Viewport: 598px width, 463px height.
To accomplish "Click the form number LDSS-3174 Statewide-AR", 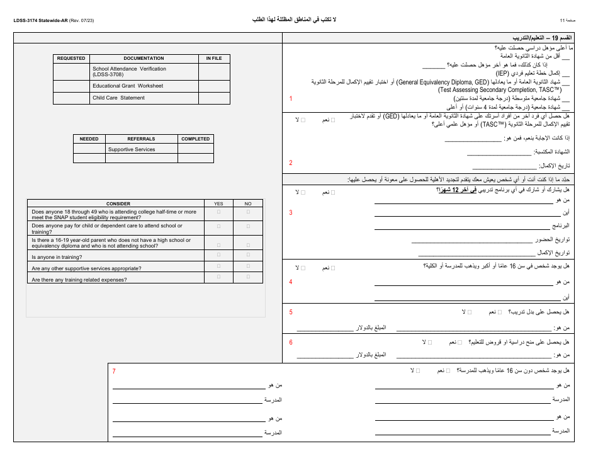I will (41, 21).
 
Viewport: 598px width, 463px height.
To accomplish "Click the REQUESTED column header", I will (71, 59).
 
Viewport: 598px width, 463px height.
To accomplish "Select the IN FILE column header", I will (214, 59).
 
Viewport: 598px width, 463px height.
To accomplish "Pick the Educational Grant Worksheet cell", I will (128, 86).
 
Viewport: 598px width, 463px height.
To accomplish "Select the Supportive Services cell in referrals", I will (132, 149).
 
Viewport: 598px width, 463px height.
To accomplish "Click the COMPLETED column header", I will (196, 139).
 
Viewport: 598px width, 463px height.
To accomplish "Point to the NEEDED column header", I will (89, 139).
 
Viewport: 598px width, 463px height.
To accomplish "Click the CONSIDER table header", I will (118, 203).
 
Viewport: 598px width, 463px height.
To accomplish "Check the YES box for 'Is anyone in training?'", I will (219, 256).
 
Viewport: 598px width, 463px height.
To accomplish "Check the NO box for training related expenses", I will (248, 277).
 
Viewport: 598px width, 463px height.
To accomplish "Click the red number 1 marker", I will (291, 99).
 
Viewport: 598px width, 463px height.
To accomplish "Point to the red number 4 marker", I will (291, 282).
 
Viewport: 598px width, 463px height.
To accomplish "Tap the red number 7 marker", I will (114, 372).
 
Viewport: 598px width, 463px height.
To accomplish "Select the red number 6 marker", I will (291, 342).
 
